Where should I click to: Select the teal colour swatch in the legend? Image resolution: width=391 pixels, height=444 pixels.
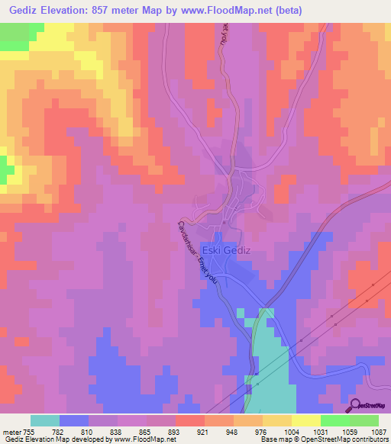click(44, 420)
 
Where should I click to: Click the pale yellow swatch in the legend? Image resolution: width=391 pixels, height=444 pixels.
click(305, 420)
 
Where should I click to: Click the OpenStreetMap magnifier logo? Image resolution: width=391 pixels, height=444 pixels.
click(354, 405)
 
